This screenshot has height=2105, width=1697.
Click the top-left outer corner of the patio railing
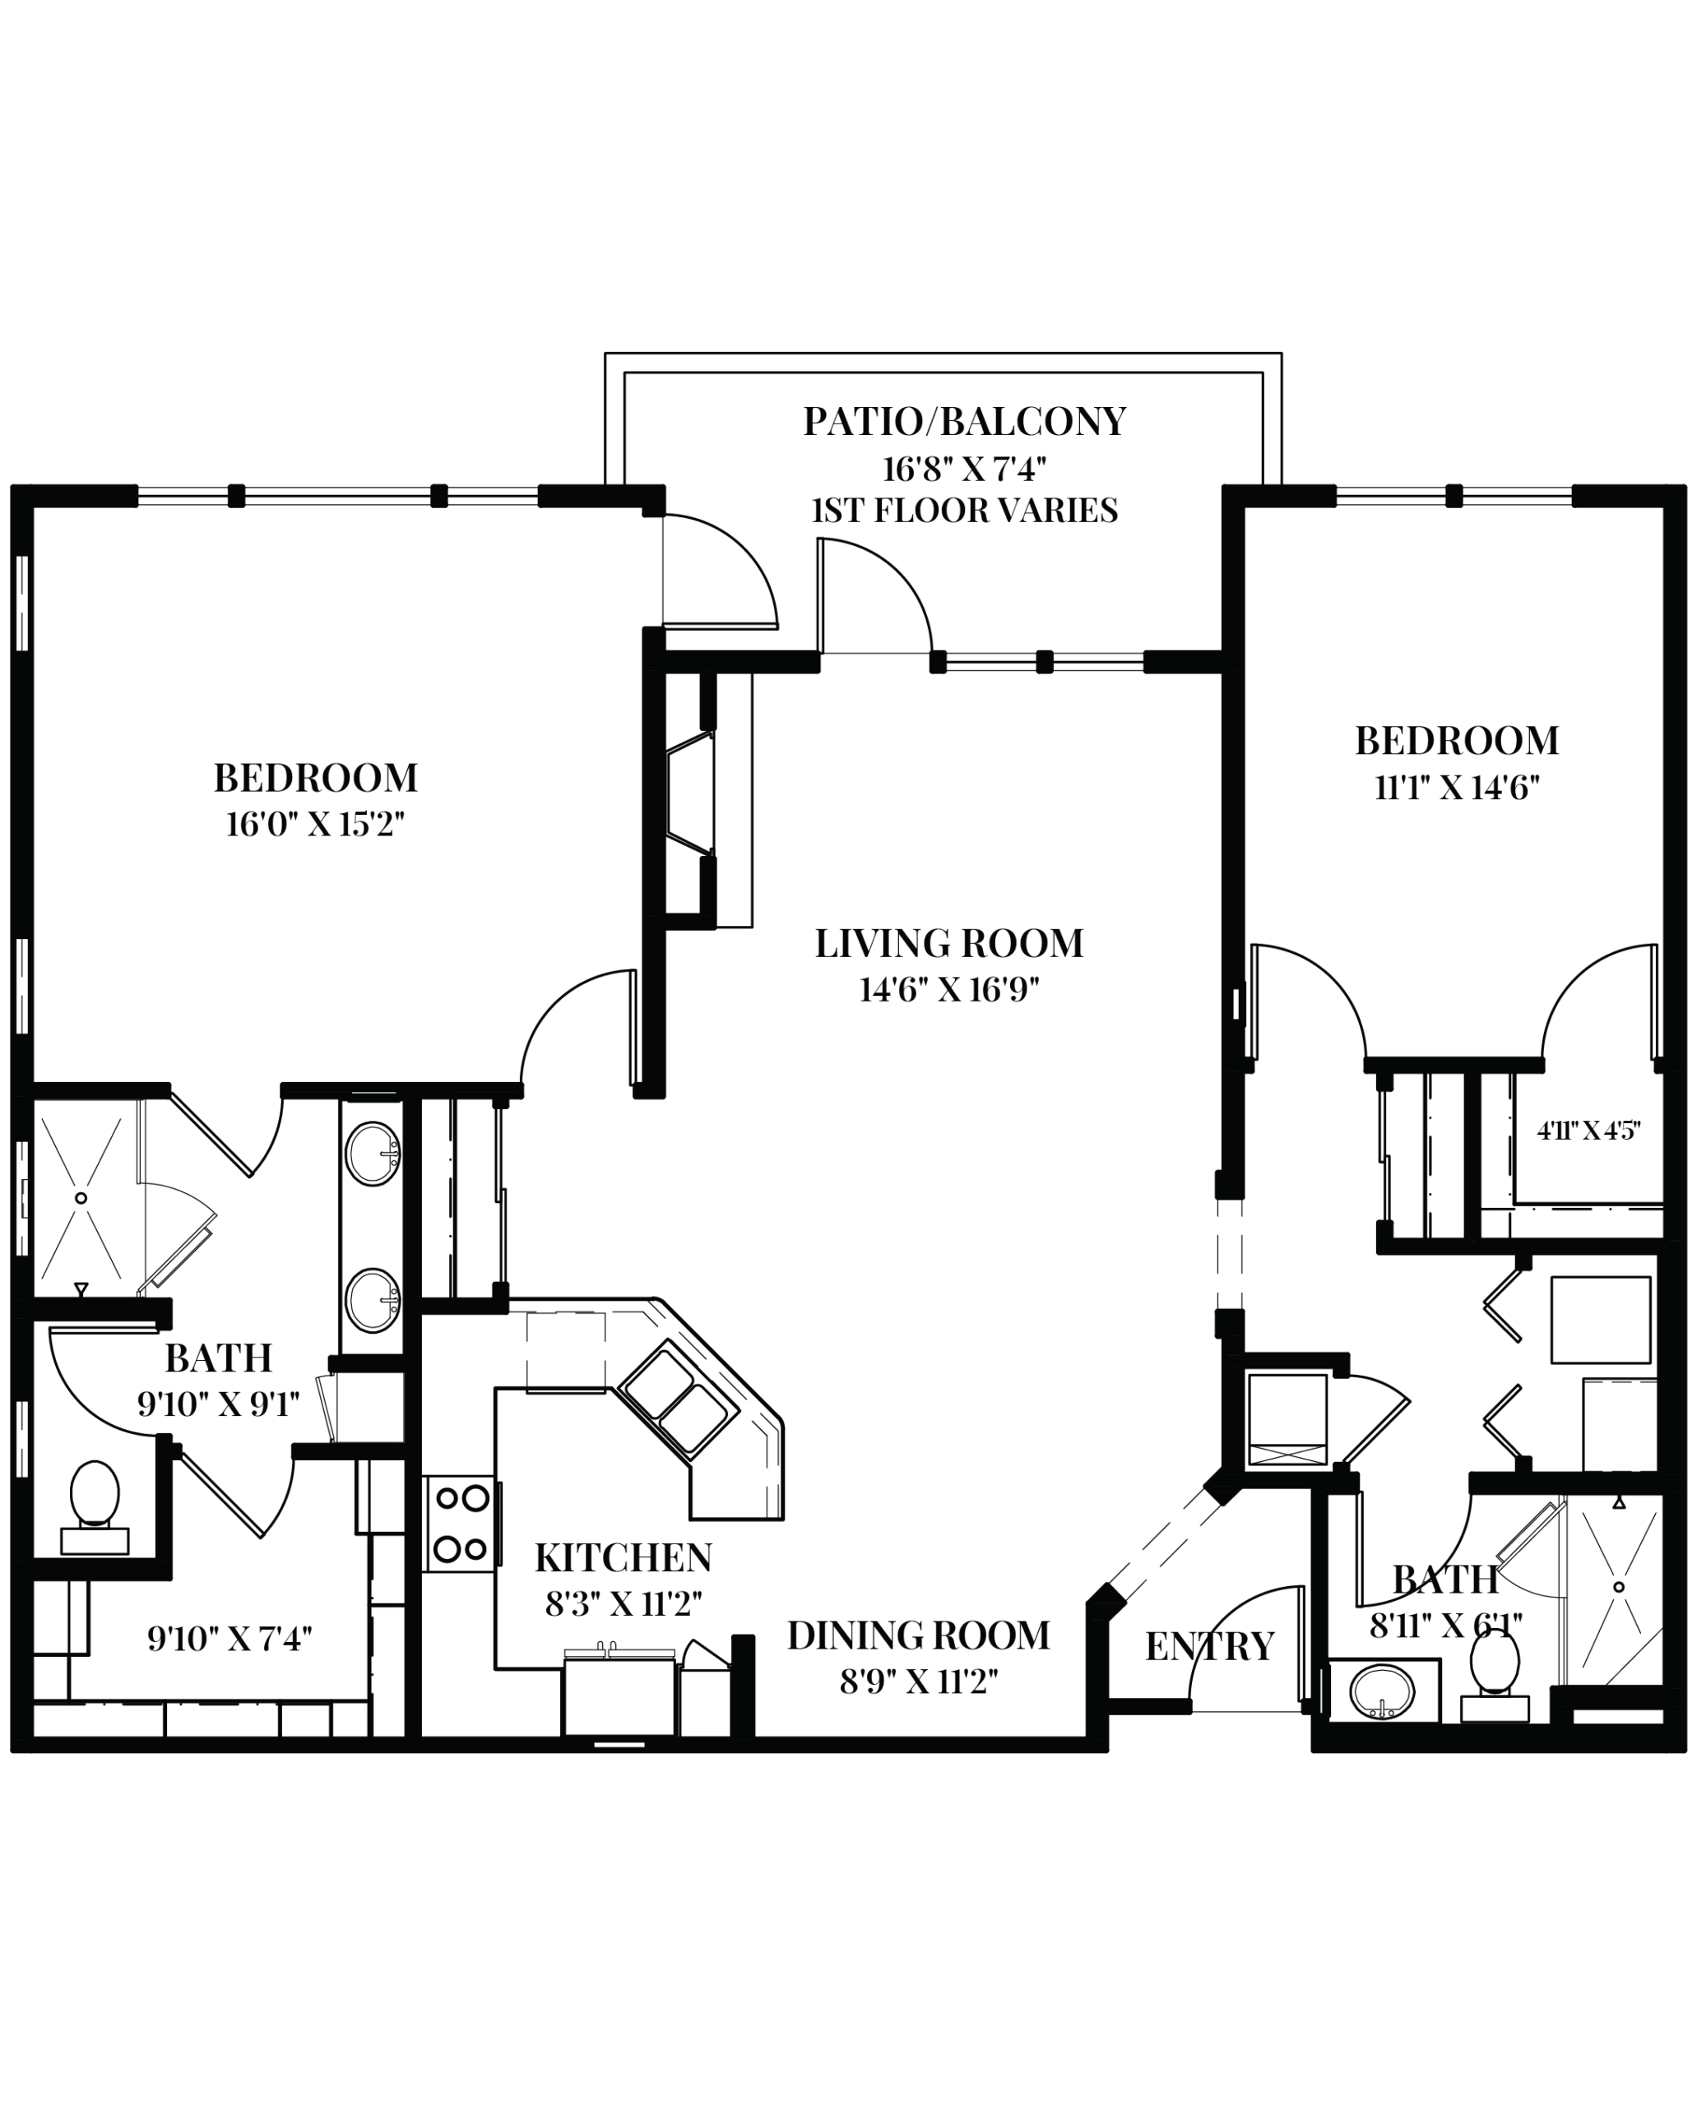[x=605, y=354]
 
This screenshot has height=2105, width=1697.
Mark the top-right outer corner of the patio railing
[x=1282, y=354]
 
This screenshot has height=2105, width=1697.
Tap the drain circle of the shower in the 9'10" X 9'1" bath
[x=81, y=1198]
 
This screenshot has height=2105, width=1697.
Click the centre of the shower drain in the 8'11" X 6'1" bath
[x=1619, y=1587]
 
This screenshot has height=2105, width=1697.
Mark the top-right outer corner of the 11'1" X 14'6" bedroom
[x=1685, y=486]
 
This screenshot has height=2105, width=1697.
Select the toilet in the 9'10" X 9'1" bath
[x=95, y=1506]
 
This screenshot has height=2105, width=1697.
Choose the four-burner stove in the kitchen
[x=461, y=1524]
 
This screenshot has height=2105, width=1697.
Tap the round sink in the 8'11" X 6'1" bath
[x=1382, y=1690]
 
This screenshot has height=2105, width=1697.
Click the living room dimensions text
[x=948, y=991]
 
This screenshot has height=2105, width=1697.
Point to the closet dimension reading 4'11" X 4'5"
[x=1588, y=1131]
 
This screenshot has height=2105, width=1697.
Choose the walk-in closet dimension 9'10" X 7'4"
[x=230, y=1639]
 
